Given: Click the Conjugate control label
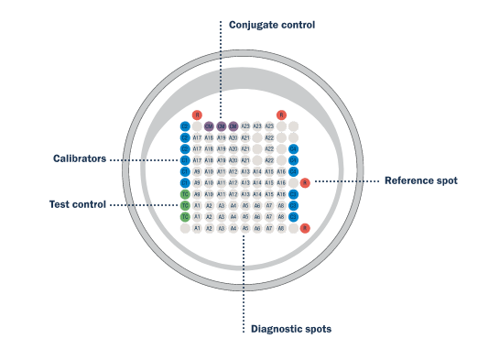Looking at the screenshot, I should pos(271,25).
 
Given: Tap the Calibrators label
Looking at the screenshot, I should pos(80,159).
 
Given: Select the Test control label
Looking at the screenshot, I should pos(77,203).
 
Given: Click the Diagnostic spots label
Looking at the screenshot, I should pos(290,328).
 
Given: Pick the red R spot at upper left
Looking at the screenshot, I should pos(197,115).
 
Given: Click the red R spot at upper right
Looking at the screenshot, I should pos(282,115).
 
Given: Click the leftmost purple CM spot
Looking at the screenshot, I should pos(209,125).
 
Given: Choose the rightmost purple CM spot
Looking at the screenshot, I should pos(234,125).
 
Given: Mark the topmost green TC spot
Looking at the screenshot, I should pos(185,194).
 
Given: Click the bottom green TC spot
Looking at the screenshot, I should pos(185,217).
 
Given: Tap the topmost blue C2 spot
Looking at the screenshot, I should pos(185,125).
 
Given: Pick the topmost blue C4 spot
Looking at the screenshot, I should pos(294,148).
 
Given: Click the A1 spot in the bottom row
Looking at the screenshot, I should pos(197,228).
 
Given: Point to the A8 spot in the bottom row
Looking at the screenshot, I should pos(281,228).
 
